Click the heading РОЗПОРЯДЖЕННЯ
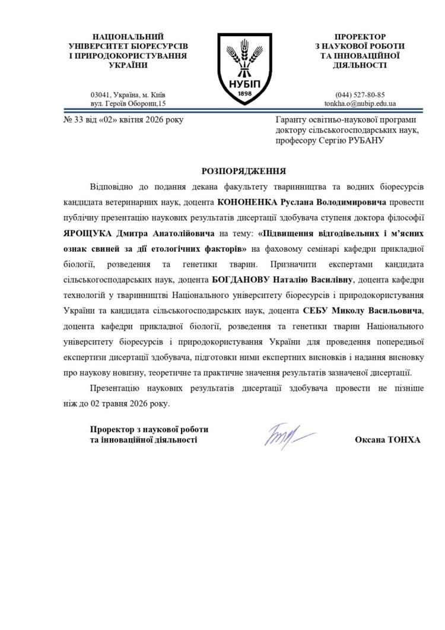244,171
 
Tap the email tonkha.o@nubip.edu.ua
360,103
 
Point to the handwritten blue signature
287,435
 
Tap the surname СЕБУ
314,311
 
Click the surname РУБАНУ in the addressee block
364,141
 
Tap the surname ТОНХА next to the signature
405,440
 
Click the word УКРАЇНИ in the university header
128,65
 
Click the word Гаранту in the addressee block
291,120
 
